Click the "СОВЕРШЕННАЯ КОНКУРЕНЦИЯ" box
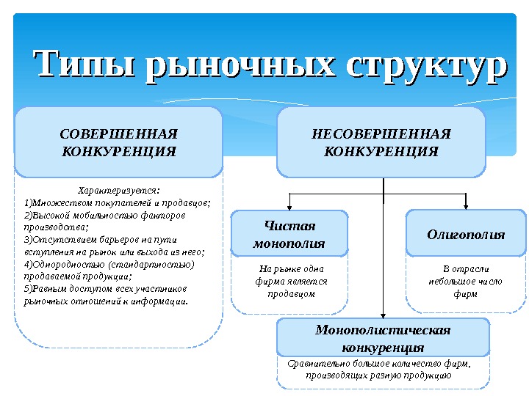point(118,143)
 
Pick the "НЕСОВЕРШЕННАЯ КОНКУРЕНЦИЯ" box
point(381,143)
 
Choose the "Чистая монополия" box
point(289,233)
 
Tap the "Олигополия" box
point(466,235)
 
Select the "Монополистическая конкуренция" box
point(382,337)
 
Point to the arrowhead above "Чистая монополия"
point(289,206)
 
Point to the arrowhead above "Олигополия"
point(466,206)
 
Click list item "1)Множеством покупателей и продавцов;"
point(118,202)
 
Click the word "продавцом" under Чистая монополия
point(291,293)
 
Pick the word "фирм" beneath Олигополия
point(466,293)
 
